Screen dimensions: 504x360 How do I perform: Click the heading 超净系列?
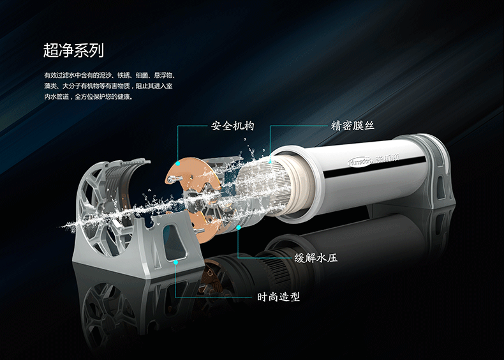73,51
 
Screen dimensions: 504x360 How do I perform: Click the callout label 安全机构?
232,126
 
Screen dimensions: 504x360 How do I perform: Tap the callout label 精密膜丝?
353,126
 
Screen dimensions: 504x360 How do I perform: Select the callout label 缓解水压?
316,258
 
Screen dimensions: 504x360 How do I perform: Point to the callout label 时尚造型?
278,297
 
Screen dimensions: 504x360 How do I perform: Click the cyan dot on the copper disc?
178,164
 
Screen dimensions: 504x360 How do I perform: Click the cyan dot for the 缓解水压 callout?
238,227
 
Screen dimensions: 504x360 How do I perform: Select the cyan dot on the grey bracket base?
176,262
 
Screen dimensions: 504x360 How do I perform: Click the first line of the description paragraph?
110,75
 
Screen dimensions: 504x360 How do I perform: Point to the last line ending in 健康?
88,96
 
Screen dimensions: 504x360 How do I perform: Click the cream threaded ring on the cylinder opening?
297,185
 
